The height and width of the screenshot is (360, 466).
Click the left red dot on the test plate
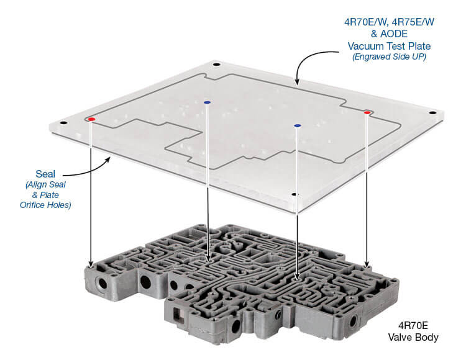click(91, 119)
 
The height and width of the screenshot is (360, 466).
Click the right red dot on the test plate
click(367, 112)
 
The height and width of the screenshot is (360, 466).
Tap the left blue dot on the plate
click(207, 102)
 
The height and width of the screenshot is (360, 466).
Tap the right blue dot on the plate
click(298, 125)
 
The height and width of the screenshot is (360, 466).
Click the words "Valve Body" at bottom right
click(413, 338)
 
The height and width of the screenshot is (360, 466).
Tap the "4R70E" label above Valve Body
click(413, 326)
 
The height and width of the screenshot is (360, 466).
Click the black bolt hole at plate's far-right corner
click(433, 113)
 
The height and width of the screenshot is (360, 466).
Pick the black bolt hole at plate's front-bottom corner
click(295, 194)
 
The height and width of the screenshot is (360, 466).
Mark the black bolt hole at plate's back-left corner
click(216, 65)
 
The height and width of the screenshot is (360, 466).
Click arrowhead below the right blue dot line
click(298, 276)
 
